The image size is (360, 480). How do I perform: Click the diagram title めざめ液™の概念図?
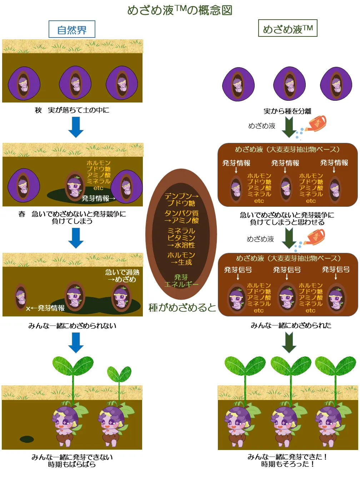coord(180,10)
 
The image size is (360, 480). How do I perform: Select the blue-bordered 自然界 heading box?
coord(72,29)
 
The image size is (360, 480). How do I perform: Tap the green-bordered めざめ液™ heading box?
coord(287,29)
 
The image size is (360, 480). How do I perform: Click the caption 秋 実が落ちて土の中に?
coord(72,110)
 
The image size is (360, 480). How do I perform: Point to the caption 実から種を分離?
coord(287,111)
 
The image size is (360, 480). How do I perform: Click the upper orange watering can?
coord(316,124)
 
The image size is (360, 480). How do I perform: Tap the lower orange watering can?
coord(315,237)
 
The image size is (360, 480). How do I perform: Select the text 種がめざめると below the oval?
coord(182,307)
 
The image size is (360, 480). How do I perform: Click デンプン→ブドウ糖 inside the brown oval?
coord(181,200)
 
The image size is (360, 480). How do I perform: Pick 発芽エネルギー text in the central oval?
coord(181,281)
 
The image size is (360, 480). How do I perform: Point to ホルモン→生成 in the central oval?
coord(181,259)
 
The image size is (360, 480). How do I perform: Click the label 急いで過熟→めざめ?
coord(122,276)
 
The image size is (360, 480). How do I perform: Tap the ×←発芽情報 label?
coord(45,308)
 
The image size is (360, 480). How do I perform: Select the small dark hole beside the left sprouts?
coord(27,439)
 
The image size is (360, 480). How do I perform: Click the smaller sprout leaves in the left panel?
coord(119,374)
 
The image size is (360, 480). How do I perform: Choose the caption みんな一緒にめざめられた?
coord(291,325)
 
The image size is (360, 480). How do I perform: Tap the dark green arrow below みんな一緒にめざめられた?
coord(289,342)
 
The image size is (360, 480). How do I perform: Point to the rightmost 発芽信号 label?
coord(336,270)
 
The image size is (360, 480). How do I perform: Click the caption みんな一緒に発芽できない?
coord(72,457)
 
